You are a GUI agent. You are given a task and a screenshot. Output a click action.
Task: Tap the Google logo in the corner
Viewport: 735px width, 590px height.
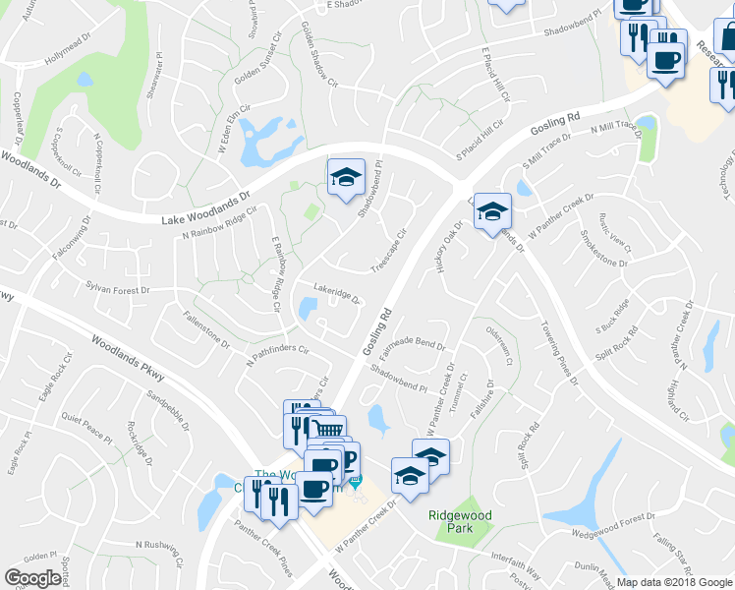point(33,578)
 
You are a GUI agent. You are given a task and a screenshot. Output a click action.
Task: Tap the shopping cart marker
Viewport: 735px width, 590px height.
point(328,429)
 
